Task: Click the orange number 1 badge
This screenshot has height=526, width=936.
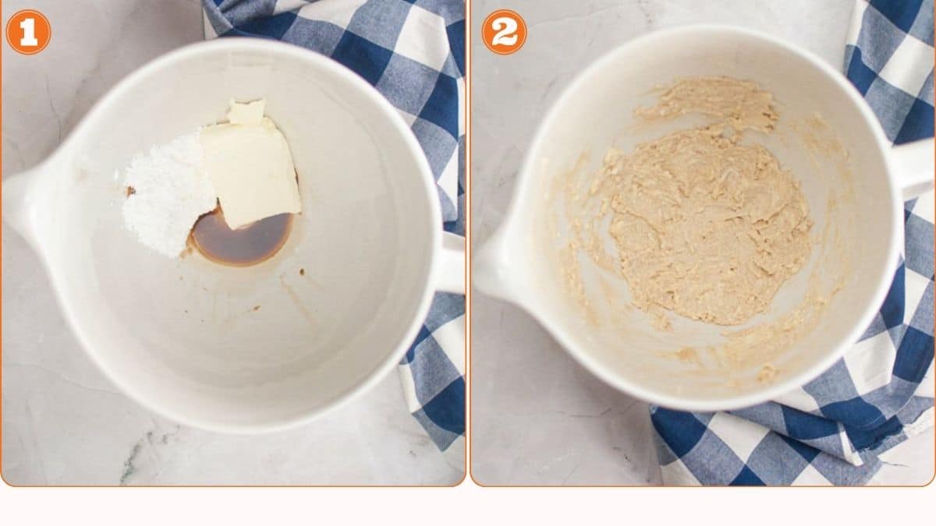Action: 28,32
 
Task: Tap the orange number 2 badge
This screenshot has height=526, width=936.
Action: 504,32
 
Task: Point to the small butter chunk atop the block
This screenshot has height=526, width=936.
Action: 247,112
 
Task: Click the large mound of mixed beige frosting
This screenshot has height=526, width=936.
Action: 702,226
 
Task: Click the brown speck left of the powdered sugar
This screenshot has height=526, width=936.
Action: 131,191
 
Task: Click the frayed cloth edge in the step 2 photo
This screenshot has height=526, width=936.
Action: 913,421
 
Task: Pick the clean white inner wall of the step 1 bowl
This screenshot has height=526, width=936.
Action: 257,351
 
